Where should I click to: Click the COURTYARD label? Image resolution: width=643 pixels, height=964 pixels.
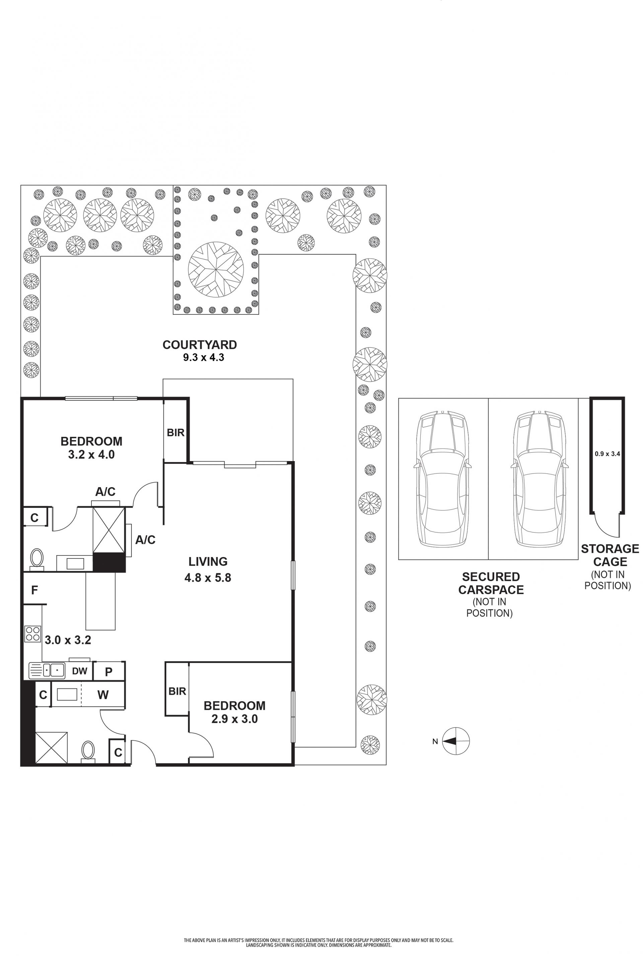pyautogui.click(x=200, y=345)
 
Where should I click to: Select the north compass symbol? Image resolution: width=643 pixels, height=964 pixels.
pyautogui.click(x=455, y=741)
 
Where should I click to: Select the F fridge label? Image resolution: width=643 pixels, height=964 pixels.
pyautogui.click(x=34, y=590)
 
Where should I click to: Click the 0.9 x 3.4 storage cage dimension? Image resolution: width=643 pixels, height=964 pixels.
pyautogui.click(x=607, y=454)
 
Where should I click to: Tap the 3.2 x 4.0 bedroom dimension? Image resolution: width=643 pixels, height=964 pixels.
pyautogui.click(x=91, y=455)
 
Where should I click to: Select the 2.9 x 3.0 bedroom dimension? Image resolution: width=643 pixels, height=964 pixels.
pyautogui.click(x=234, y=719)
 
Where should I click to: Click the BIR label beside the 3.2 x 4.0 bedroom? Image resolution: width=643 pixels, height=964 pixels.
pyautogui.click(x=175, y=433)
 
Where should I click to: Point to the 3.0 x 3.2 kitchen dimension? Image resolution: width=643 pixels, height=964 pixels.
pyautogui.click(x=68, y=640)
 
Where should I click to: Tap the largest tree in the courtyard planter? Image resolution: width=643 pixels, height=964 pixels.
pyautogui.click(x=216, y=270)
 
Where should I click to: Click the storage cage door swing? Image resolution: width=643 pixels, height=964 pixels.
pyautogui.click(x=606, y=525)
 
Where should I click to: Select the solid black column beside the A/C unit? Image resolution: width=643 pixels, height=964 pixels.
pyautogui.click(x=109, y=562)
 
